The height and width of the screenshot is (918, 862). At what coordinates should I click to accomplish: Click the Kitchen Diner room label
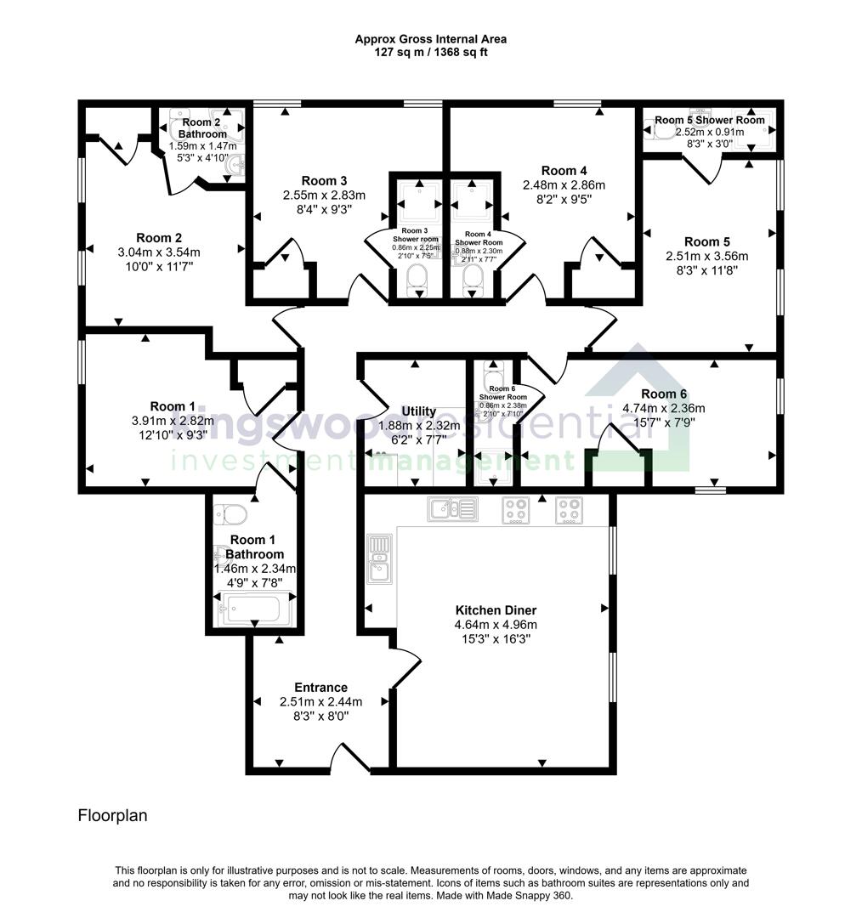[x=496, y=610]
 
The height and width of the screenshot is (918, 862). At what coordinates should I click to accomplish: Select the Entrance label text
[x=320, y=688]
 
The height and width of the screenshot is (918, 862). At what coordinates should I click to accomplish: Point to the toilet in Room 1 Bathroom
[x=231, y=513]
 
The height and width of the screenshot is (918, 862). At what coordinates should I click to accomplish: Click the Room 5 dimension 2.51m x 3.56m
[x=706, y=256]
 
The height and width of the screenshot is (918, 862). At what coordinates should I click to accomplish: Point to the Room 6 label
[x=664, y=394]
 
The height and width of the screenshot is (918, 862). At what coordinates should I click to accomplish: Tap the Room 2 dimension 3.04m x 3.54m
[x=159, y=252]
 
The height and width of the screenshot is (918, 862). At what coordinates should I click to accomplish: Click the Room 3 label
[x=324, y=180]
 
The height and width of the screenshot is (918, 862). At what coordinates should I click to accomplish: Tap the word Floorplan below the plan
[x=113, y=816]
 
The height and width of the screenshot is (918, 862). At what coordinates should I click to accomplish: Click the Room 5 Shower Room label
[x=709, y=120]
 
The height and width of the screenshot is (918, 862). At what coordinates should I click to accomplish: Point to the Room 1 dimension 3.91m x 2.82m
[x=173, y=420]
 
